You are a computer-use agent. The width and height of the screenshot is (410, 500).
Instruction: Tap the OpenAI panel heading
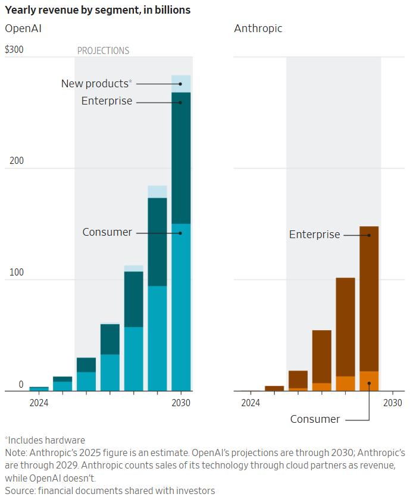23,29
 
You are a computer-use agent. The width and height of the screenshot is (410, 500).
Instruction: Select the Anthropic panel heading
258,29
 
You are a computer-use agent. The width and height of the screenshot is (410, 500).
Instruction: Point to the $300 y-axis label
14,49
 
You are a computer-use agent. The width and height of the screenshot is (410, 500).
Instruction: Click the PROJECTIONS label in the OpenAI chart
103,51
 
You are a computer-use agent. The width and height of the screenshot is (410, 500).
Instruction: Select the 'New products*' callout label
96,84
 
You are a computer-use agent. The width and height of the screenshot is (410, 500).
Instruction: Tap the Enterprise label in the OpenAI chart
107,101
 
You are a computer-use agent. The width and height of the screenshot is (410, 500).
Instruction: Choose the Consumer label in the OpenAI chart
107,232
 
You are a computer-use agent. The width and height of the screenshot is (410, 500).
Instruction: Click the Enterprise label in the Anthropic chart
314,235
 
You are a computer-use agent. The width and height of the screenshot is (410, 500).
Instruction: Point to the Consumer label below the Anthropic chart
315,419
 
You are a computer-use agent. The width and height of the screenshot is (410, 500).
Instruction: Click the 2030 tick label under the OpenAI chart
181,403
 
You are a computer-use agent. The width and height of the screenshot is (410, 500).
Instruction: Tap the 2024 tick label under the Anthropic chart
251,403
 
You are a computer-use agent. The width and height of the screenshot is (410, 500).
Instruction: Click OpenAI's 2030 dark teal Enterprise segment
181,157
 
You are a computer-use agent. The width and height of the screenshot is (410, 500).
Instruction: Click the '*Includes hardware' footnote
45,441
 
